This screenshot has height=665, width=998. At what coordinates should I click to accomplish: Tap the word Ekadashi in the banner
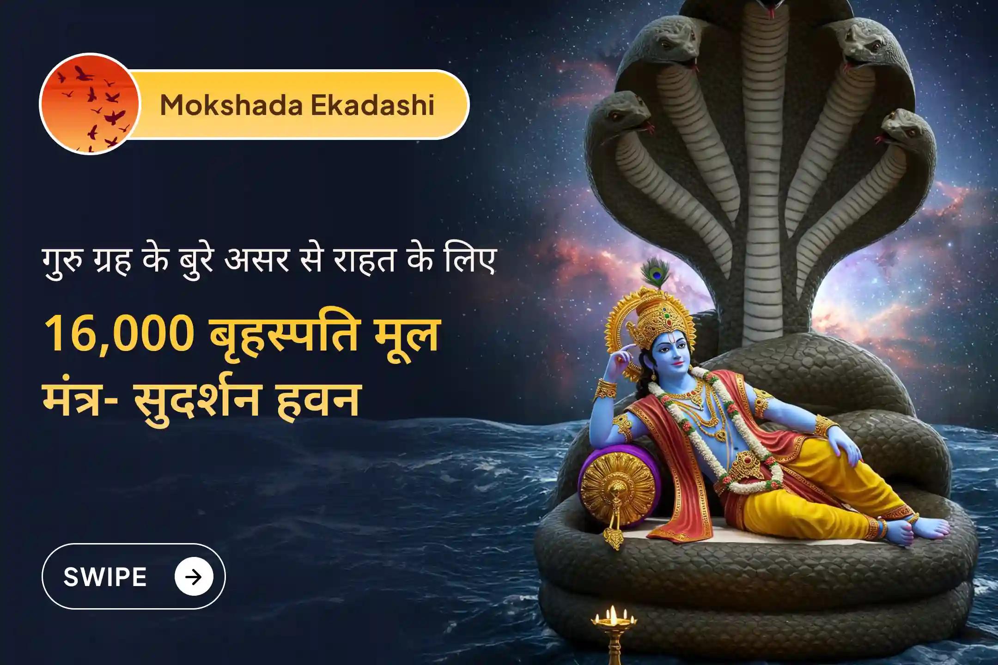372,105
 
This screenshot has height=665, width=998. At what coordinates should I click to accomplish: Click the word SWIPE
105,577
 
